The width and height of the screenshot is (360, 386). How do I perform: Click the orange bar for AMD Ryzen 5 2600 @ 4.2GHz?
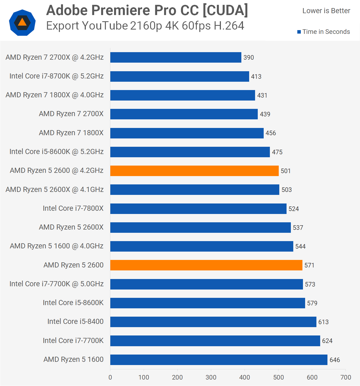tap(194, 171)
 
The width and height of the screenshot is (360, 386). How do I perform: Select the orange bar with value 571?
tap(206, 265)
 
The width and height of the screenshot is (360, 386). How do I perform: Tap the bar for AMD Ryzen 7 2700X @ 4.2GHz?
tap(176, 57)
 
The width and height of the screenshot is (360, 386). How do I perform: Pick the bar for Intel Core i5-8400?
tap(213, 322)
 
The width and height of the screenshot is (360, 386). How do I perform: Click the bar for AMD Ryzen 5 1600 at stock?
tap(219, 360)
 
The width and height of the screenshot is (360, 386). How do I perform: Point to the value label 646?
tap(335, 360)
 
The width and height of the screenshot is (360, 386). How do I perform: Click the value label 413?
tap(256, 77)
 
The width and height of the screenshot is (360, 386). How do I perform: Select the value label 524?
tap(294, 209)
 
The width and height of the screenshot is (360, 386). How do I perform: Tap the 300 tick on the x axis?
tap(211, 377)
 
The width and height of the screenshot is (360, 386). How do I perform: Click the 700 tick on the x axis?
tap(346, 377)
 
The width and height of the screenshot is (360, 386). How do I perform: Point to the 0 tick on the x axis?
tap(110, 377)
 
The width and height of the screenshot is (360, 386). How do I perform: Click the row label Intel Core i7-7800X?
tap(73, 208)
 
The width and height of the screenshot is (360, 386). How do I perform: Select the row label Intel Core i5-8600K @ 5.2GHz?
tap(57, 152)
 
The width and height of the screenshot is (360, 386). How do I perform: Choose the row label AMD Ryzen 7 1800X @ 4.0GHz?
tap(55, 95)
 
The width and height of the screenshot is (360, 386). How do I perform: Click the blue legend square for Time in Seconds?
tap(299, 32)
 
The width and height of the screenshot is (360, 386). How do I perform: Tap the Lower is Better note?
tap(326, 11)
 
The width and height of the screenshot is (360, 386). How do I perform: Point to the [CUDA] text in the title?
tap(225, 10)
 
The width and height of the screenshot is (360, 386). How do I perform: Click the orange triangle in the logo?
tap(22, 22)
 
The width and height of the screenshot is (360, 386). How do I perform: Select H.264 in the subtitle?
tap(229, 26)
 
